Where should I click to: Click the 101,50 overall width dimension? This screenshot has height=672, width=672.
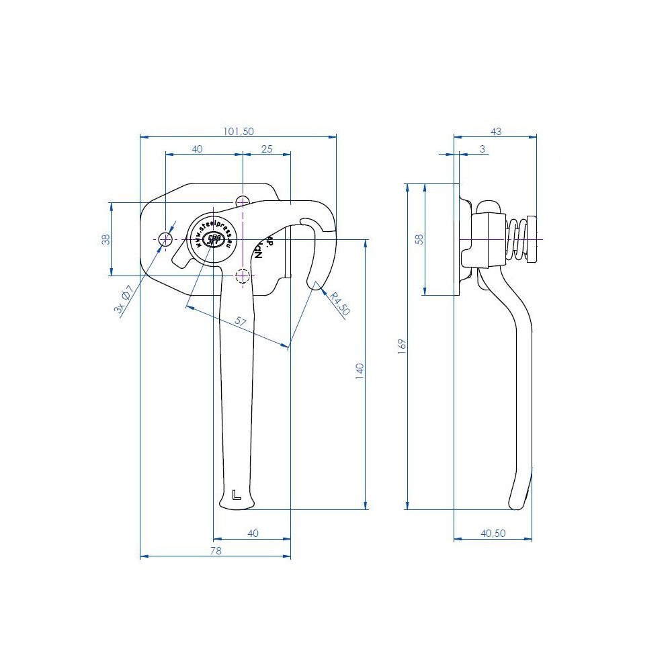pos(238,132)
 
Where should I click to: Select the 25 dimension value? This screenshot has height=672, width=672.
pos(267,149)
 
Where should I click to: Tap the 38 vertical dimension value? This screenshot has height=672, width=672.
pos(106,239)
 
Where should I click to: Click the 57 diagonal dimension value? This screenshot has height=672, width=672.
pos(241,322)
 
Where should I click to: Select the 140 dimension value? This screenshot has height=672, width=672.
pos(360,372)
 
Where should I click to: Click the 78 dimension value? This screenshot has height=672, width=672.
pos(216,550)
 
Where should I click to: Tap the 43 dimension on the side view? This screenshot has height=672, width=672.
pos(496,132)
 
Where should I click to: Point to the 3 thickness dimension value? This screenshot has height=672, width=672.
pos(482,149)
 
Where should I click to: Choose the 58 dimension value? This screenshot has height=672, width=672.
pos(419,239)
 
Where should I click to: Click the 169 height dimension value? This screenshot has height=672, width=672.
pos(402,346)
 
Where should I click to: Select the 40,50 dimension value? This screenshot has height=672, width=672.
pos(493,533)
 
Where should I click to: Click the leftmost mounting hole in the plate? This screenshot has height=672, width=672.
pos(165,238)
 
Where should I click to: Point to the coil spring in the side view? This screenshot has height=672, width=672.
pos(515,239)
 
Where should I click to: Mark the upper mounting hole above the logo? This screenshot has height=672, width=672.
pos(243,201)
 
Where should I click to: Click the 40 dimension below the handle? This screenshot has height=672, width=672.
pos(253,533)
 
